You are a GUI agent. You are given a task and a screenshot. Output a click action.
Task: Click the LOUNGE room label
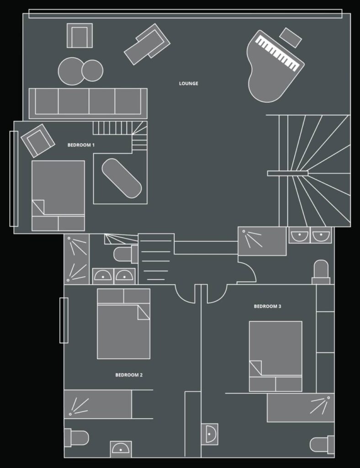pyautogui.click(x=189, y=84)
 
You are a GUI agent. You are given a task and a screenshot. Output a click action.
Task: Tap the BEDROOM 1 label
pyautogui.click(x=81, y=145)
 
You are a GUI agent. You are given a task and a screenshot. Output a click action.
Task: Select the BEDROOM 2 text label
pyautogui.click(x=129, y=375)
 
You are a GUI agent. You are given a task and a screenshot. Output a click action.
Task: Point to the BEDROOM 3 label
pyautogui.click(x=267, y=306)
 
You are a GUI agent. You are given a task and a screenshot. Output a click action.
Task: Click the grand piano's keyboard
pyautogui.click(x=278, y=53)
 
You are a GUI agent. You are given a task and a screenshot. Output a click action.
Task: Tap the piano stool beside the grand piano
pyautogui.click(x=291, y=37)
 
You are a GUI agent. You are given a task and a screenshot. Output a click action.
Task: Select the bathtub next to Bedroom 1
pyautogui.click(x=122, y=178)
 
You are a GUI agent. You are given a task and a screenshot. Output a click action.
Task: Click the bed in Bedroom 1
pyautogui.click(x=58, y=196)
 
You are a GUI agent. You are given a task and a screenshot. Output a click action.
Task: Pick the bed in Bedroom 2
pyautogui.click(x=123, y=324)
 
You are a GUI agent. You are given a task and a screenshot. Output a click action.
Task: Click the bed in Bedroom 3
pyautogui.click(x=275, y=356)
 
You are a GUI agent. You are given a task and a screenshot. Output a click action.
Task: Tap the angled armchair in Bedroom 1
pyautogui.click(x=37, y=140)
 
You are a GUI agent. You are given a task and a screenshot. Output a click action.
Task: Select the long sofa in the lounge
pyautogui.click(x=88, y=103)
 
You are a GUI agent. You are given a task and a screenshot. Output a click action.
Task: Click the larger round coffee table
pyautogui.click(x=71, y=71)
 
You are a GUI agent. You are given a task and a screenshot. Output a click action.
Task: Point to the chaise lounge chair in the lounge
pyautogui.click(x=147, y=44)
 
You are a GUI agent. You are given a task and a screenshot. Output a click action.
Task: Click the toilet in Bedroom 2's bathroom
pyautogui.click(x=76, y=438)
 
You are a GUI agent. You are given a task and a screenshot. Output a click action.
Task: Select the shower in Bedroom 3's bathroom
pyautogui.click(x=301, y=408)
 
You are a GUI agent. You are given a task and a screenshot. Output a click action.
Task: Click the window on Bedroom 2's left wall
pyautogui.click(x=64, y=320)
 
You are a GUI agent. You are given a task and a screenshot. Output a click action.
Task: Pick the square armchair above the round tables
pyautogui.click(x=79, y=36)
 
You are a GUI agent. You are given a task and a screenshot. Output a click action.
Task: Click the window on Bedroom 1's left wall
pyautogui.click(x=14, y=179)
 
